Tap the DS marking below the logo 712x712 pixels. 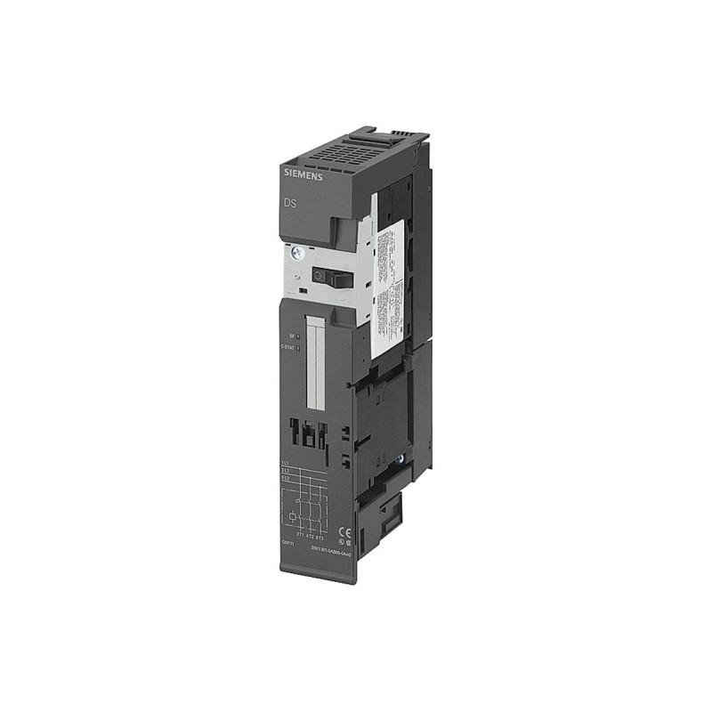[x=291, y=204]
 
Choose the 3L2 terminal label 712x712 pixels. [x=285, y=473]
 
